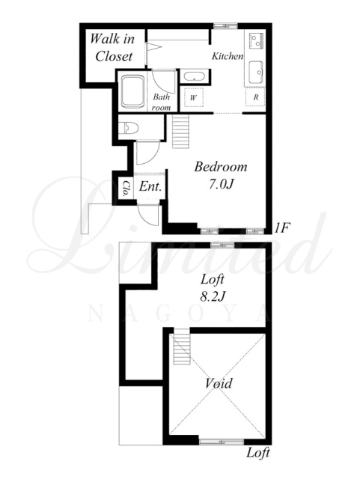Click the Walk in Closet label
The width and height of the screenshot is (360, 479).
click(112, 47)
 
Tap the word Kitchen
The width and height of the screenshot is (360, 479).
click(228, 56)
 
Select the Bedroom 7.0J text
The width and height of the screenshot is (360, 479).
click(221, 175)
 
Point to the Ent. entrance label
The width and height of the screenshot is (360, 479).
click(150, 186)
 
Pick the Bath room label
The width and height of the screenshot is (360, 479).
click(162, 102)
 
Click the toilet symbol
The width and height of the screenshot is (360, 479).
click(128, 128)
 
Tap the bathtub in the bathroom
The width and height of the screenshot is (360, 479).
click(133, 91)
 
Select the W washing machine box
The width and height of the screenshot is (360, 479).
click(194, 97)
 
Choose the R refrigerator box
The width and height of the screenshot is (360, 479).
click(255, 97)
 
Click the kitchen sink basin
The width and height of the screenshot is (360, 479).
click(255, 73)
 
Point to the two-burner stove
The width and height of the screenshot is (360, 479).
click(256, 40)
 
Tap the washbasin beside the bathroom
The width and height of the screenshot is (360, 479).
click(194, 76)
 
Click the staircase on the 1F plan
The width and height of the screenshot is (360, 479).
click(180, 131)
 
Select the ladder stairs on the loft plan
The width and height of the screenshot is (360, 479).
click(182, 347)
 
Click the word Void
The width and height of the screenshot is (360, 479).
click(219, 382)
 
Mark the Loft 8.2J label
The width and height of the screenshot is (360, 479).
click(213, 287)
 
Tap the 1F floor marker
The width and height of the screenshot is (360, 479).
click(281, 228)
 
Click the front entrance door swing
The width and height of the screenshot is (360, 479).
click(148, 215)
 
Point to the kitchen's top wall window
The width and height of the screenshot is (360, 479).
click(225, 26)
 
